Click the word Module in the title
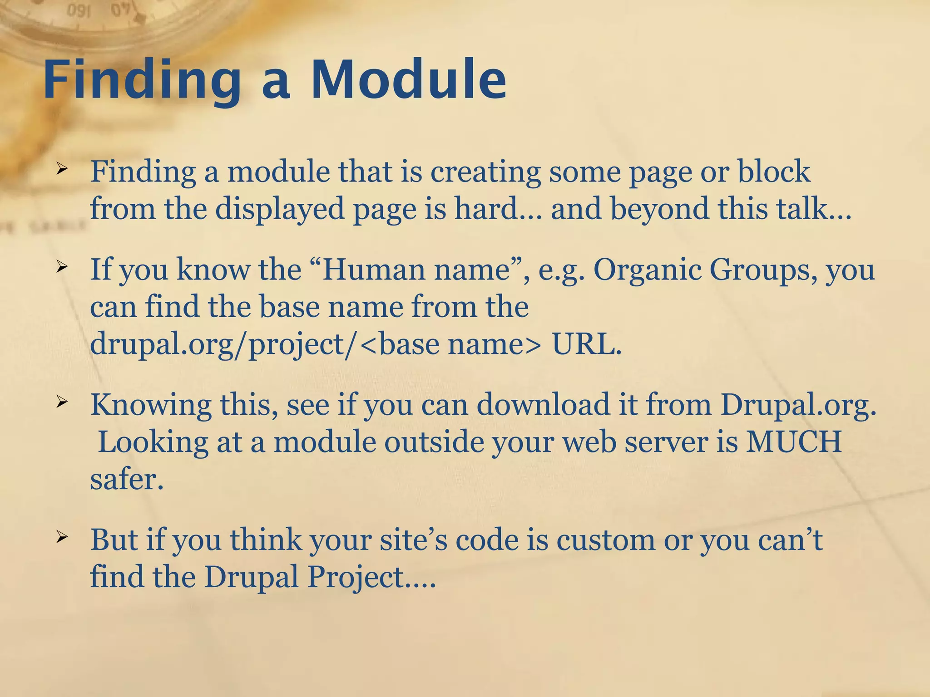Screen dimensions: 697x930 409,80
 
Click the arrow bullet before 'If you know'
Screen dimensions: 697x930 62,267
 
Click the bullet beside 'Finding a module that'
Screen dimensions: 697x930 62,169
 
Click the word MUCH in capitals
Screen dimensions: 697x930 794,442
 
